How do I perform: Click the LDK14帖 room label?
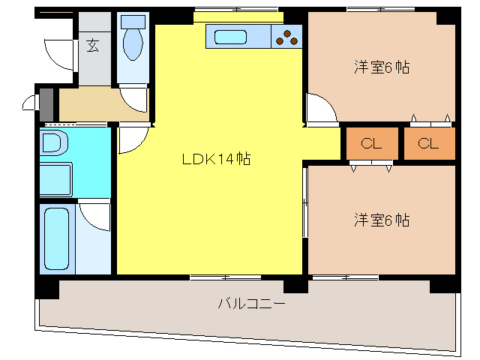click(x=215, y=159)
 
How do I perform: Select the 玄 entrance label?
click(x=92, y=46)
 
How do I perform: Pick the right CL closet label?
click(x=428, y=144)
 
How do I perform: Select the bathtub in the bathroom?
click(x=56, y=239)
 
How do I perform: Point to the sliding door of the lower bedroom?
click(x=305, y=202)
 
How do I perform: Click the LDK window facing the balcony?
click(x=225, y=277)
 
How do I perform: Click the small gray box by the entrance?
click(x=46, y=100)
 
